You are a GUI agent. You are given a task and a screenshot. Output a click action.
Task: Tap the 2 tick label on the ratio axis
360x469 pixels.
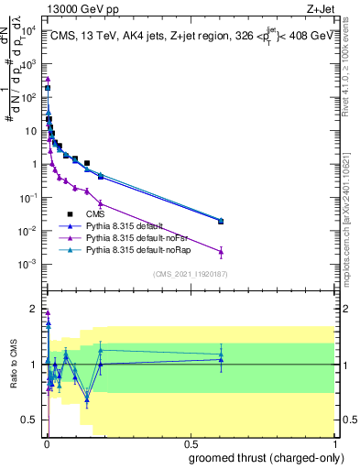click(33, 308)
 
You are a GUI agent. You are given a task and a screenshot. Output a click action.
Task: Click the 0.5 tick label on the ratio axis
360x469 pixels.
click(28, 421)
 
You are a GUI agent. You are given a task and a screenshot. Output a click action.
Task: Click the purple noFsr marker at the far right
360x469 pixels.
click(222, 251)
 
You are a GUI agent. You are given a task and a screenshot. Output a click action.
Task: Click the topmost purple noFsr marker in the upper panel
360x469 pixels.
click(48, 79)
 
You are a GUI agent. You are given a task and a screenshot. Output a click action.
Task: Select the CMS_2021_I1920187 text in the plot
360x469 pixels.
click(190, 274)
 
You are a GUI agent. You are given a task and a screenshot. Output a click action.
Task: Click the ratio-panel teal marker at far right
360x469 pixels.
click(222, 354)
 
